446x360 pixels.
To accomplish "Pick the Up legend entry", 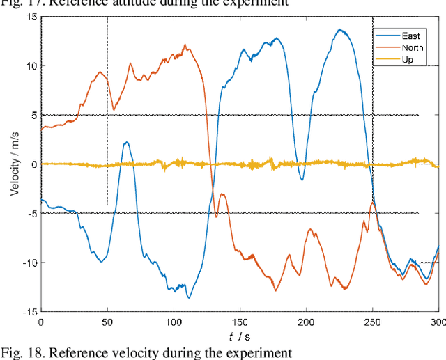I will click(x=408, y=60).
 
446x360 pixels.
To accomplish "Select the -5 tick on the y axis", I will click(x=29, y=213).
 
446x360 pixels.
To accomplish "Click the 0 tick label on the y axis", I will click(x=32, y=164).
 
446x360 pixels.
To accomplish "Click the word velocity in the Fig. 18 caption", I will click(x=114, y=352).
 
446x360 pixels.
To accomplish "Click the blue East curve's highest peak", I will click(x=340, y=30).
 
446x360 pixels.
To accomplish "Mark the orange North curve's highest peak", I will click(x=186, y=45).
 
